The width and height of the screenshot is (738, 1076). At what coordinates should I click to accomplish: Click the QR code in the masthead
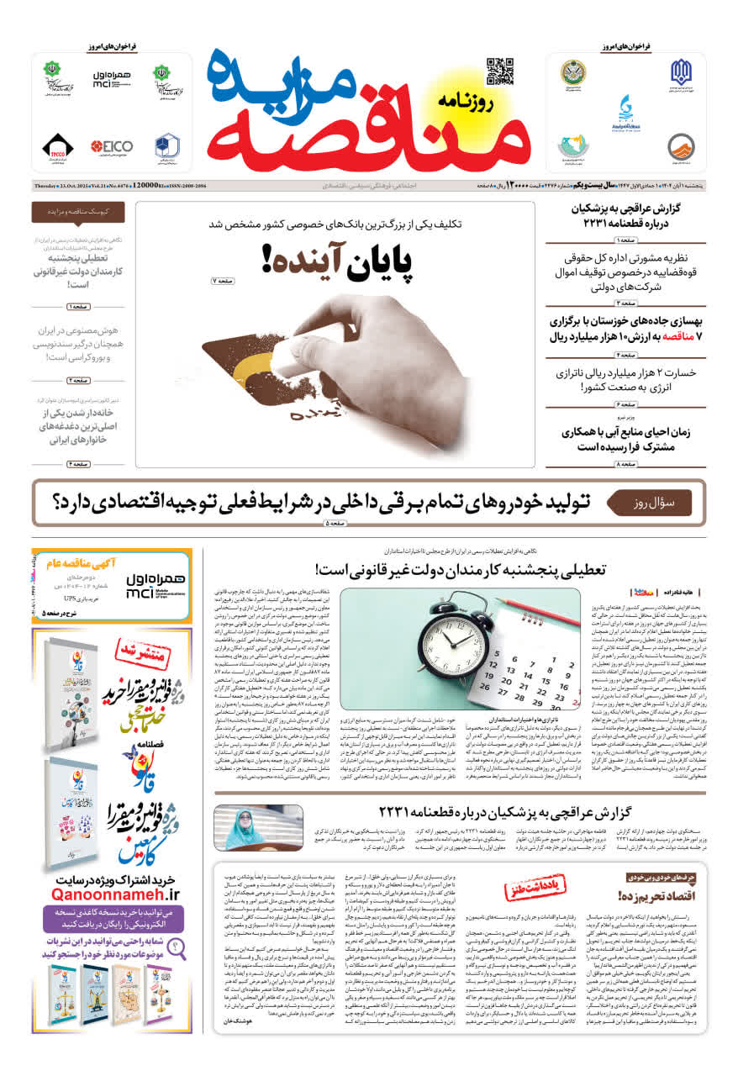[x=499, y=71]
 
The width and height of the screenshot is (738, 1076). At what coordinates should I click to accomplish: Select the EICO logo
[x=112, y=146]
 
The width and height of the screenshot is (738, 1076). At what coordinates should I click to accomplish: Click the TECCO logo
[x=57, y=147]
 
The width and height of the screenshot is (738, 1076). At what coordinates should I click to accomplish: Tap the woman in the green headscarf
[x=246, y=828]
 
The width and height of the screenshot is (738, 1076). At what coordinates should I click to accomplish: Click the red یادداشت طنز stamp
[x=535, y=889]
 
